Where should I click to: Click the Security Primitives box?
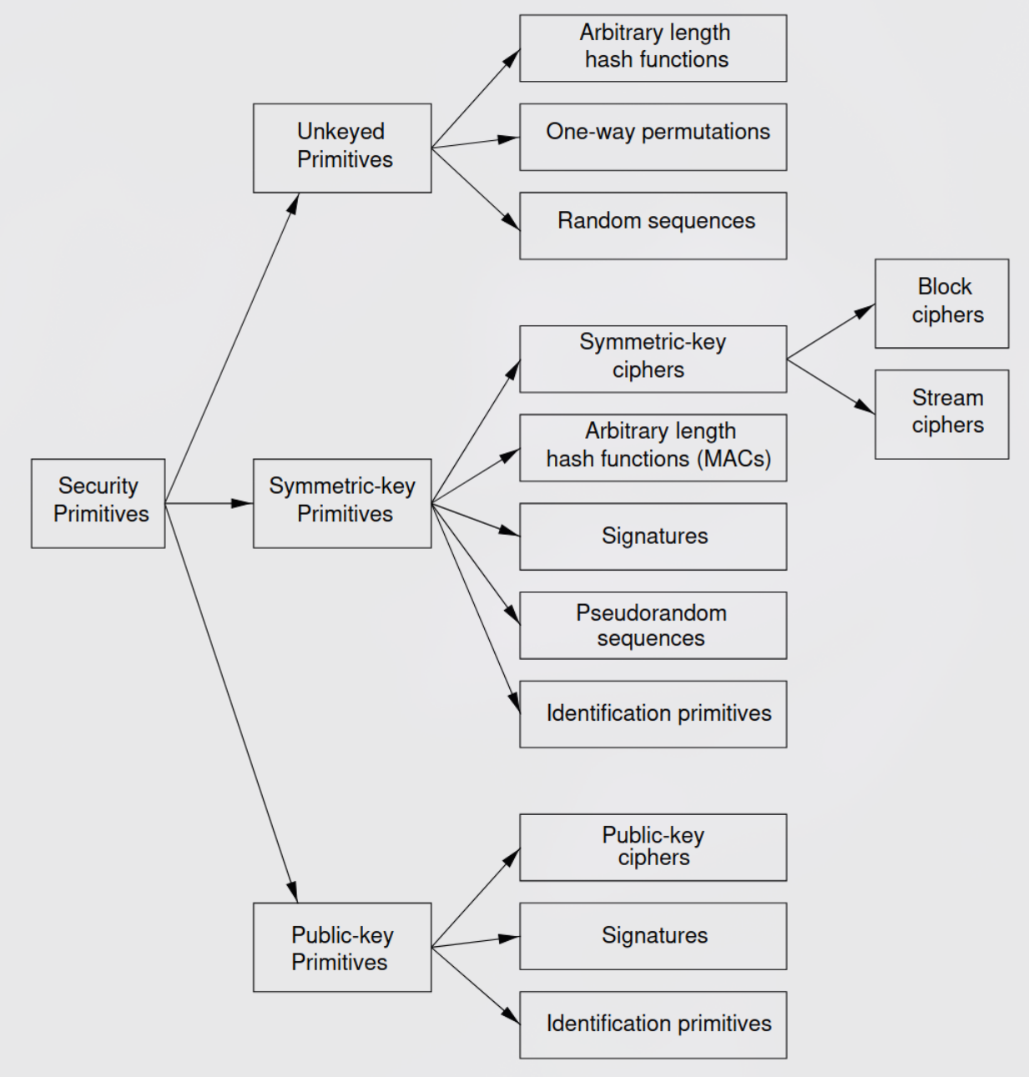click(98, 503)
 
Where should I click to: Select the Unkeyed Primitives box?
click(342, 148)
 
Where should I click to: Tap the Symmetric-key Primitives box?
click(342, 503)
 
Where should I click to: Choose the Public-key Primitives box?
click(342, 947)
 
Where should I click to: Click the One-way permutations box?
click(653, 137)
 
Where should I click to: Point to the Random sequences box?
click(653, 226)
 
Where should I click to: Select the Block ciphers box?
click(941, 304)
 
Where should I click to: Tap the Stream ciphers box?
click(941, 414)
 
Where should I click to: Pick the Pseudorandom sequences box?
click(653, 626)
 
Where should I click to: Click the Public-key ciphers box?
click(653, 848)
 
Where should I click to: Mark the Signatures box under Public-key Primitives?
click(653, 936)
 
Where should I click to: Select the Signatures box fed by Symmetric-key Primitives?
click(653, 536)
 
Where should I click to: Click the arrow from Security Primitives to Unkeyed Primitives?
click(232, 348)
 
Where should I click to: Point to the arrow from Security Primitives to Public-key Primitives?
click(231, 703)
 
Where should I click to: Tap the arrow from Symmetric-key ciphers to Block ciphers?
click(831, 331)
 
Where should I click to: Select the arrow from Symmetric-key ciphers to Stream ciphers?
click(831, 386)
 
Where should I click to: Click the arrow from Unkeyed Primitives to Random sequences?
click(476, 189)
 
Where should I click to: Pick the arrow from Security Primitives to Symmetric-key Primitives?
click(209, 503)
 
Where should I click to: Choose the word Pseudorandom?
click(651, 613)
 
